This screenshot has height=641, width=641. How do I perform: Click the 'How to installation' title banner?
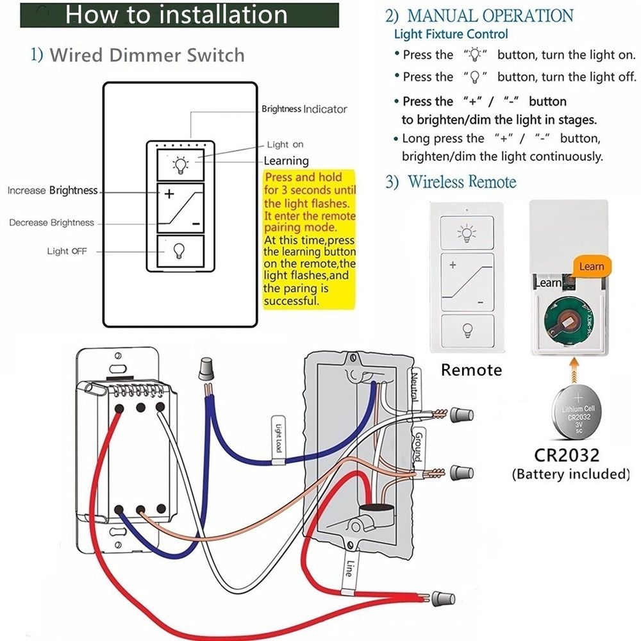[x=179, y=14]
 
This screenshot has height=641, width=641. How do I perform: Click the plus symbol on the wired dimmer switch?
[x=169, y=194]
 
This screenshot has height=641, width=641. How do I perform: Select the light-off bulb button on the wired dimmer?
[x=180, y=251]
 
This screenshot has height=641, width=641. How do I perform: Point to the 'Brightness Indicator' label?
[x=304, y=109]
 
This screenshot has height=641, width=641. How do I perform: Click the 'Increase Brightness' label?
[x=53, y=190]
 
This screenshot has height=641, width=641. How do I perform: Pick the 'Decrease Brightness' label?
[x=51, y=223]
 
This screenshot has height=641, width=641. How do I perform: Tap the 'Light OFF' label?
[x=67, y=251]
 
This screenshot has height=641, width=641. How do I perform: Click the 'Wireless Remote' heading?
[x=462, y=182]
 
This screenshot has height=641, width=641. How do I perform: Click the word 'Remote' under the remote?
[x=471, y=370]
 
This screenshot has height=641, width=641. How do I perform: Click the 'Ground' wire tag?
[x=416, y=445]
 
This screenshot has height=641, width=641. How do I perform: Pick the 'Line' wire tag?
[x=349, y=568]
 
